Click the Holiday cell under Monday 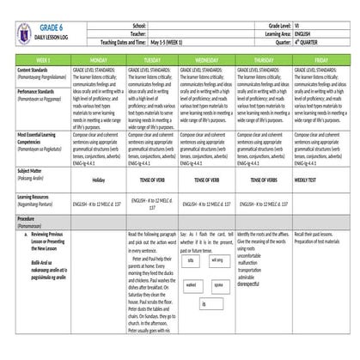[97, 179]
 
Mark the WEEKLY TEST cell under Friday [307, 179]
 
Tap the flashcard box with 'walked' [192, 284]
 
